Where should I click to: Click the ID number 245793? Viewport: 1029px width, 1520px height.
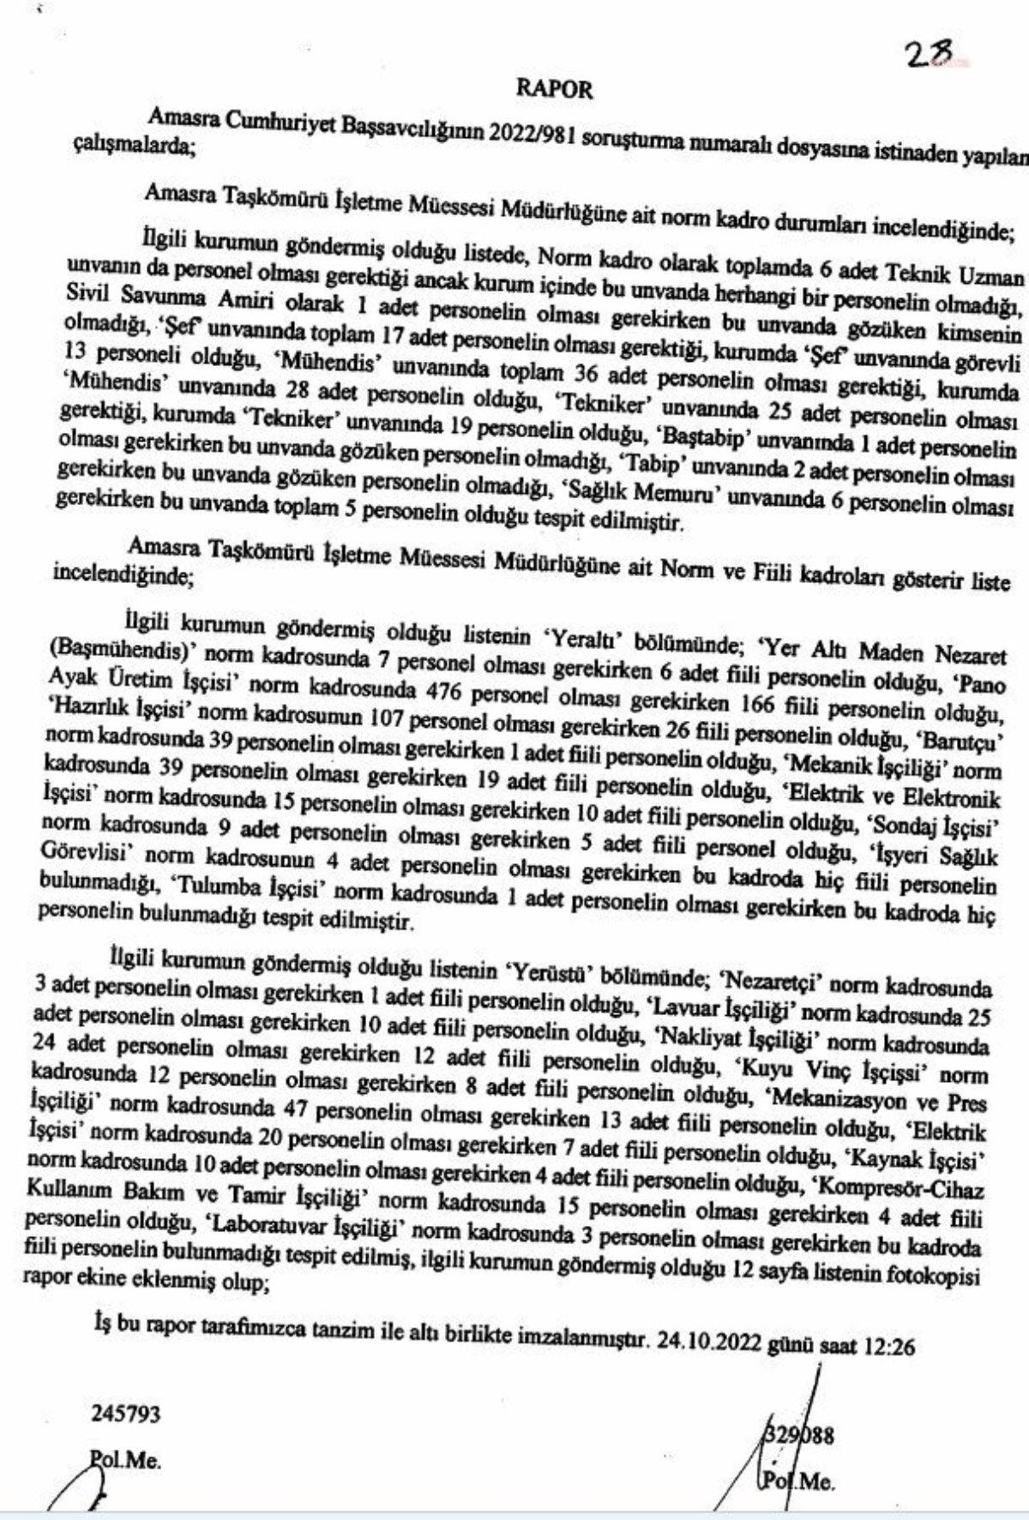(x=125, y=1413)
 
